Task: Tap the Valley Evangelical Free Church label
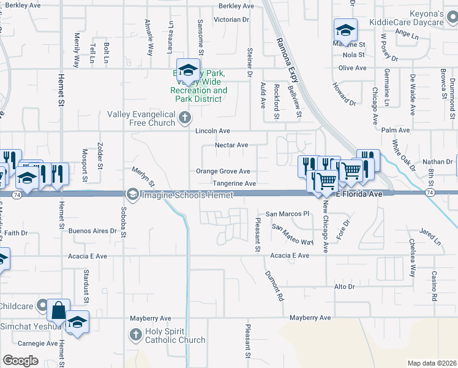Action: coord(141,118)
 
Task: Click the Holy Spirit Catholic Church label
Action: coord(175,336)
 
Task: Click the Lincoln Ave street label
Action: coord(212,131)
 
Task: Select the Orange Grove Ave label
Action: coord(223,171)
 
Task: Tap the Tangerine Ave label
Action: coord(234,183)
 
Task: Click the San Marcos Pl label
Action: coord(287,214)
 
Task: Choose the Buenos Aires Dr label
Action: coord(92,231)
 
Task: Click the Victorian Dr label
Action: coord(231,20)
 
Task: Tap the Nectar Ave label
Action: coord(231,145)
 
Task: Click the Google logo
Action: coord(20,360)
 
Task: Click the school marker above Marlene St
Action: coord(345,30)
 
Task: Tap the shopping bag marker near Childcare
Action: coord(58,310)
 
